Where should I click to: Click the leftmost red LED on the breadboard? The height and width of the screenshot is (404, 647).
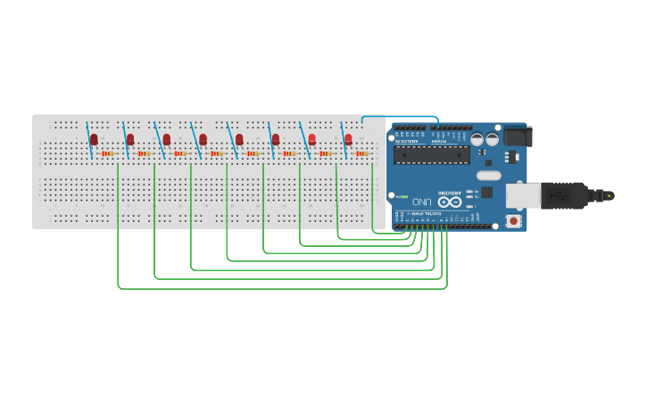point(94,139)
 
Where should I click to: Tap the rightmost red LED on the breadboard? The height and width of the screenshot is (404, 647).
point(348,139)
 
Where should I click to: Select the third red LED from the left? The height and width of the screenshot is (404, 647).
point(166,139)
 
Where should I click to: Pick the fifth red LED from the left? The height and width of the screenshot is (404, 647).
point(239,139)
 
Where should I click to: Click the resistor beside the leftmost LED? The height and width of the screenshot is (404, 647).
point(108,153)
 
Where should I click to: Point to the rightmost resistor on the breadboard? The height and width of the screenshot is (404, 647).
point(362,153)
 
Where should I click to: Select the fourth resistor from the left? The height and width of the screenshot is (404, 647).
point(217,153)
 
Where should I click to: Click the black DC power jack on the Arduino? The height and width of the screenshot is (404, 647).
point(518,136)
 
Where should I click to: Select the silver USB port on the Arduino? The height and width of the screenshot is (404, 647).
point(522,195)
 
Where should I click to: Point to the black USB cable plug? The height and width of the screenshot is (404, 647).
point(567,194)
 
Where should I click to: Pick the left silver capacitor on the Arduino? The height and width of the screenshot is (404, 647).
point(477,140)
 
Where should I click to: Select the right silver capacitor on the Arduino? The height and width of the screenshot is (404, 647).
point(492,140)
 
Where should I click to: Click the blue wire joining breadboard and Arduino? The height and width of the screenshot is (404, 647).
point(402,116)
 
